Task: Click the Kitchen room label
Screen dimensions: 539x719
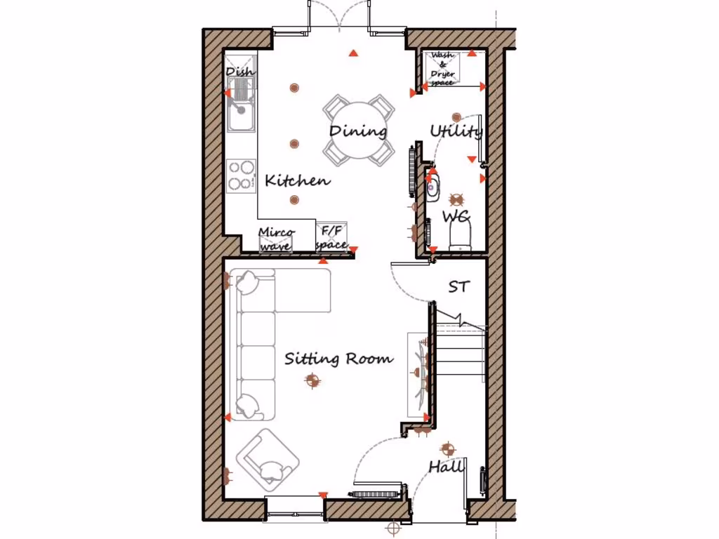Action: click(x=297, y=180)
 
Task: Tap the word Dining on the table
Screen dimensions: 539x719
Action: click(x=358, y=131)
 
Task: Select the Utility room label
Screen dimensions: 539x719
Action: click(x=456, y=131)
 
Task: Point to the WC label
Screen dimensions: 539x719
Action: click(x=455, y=216)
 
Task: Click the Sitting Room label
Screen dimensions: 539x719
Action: click(x=338, y=359)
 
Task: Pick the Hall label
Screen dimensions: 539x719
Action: click(x=447, y=467)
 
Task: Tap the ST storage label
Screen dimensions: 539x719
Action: click(x=459, y=286)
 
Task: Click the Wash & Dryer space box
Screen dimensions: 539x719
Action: click(x=442, y=69)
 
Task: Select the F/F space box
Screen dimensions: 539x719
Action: click(x=331, y=238)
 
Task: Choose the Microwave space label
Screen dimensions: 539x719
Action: click(x=277, y=239)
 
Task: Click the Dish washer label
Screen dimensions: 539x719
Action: click(x=240, y=72)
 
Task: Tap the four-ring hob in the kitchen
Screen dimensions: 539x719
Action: click(x=241, y=175)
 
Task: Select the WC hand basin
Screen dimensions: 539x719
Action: click(x=432, y=187)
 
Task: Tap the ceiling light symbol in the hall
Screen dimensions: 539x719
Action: click(x=447, y=449)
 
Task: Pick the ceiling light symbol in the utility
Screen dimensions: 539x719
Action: click(x=456, y=117)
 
